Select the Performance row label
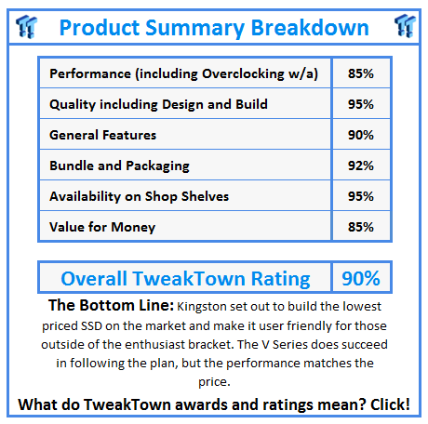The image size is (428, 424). click(x=189, y=73)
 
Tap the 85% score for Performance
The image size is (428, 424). click(x=358, y=73)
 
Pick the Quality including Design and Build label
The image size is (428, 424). click(x=158, y=104)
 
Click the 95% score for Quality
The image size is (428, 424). click(x=358, y=104)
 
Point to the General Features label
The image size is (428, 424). click(x=102, y=135)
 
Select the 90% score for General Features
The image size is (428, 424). click(x=358, y=135)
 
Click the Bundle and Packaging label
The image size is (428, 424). click(x=119, y=166)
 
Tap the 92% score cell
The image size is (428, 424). click(x=358, y=166)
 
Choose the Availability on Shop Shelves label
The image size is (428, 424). click(x=140, y=196)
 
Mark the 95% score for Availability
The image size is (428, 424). click(x=358, y=196)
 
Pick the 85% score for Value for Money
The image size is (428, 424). click(x=358, y=227)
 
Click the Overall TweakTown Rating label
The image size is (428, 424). click(x=185, y=278)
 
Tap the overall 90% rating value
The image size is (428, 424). click(x=358, y=278)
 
